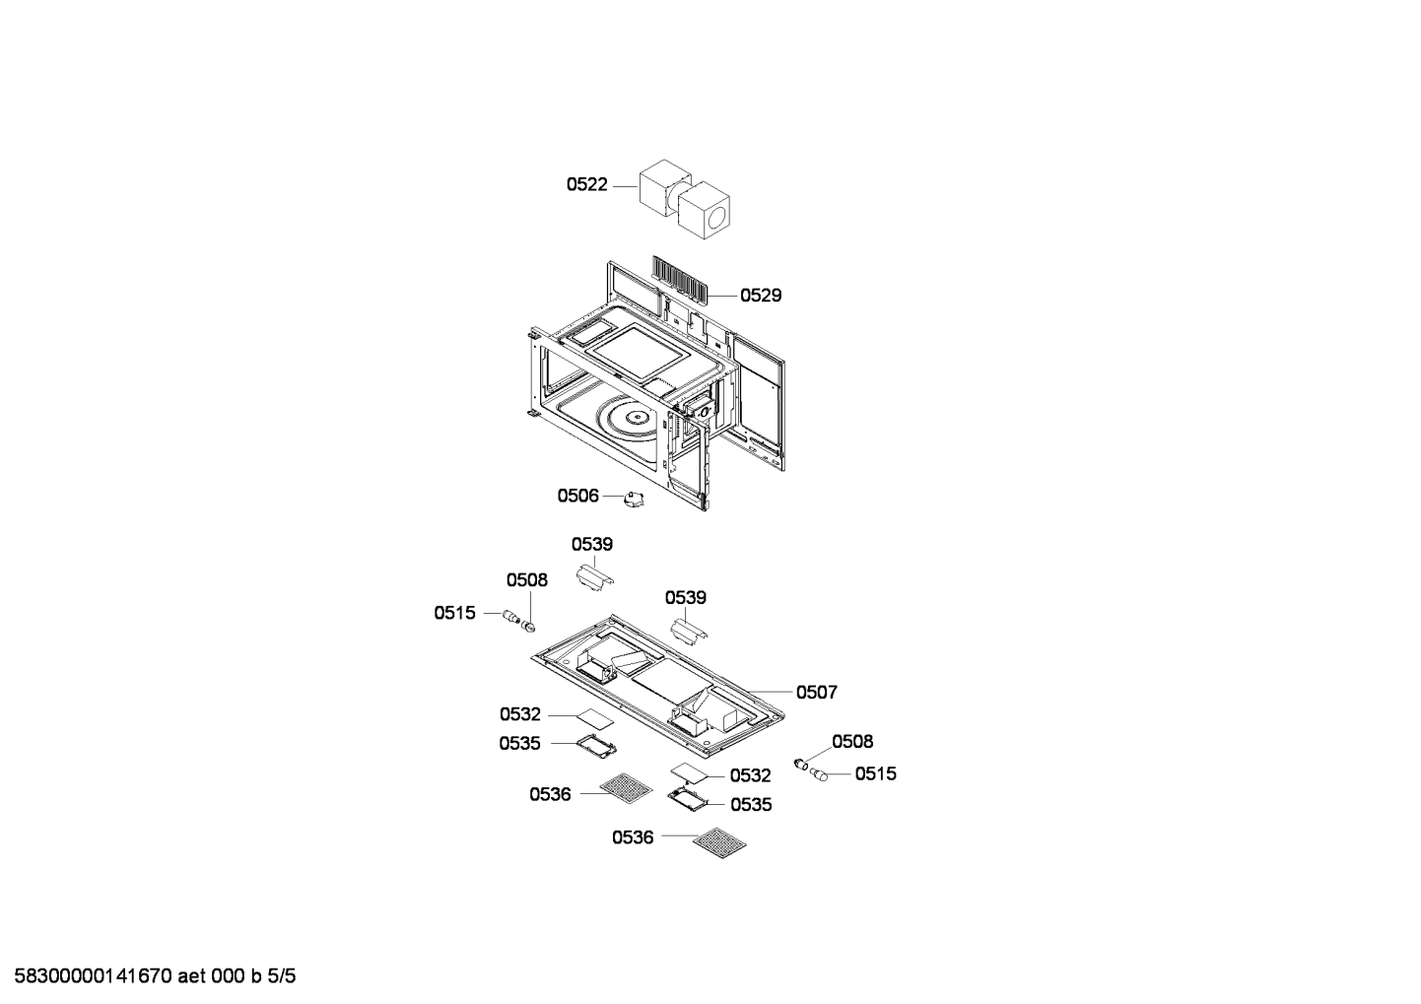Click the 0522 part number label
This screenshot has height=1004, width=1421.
click(586, 184)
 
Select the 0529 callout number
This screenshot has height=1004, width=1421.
click(761, 295)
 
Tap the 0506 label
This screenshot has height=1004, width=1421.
click(577, 496)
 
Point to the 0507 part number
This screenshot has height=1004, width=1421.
click(817, 692)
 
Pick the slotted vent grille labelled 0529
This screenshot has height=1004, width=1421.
click(679, 278)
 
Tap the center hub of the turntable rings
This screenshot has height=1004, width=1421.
click(635, 418)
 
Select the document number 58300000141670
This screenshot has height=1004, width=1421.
click(93, 976)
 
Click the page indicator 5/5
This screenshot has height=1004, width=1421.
click(281, 976)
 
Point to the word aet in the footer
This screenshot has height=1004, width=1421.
click(191, 976)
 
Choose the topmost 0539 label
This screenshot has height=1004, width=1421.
click(592, 544)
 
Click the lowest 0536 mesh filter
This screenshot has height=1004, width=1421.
click(719, 842)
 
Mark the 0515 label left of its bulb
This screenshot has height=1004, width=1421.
click(454, 613)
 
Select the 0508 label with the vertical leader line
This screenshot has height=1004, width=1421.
click(526, 579)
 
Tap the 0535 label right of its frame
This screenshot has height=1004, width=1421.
click(751, 804)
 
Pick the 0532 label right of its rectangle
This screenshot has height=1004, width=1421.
click(751, 775)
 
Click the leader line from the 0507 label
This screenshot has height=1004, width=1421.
click(771, 691)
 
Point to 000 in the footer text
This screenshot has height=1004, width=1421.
click(228, 976)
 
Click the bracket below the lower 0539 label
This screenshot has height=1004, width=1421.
click(689, 632)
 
